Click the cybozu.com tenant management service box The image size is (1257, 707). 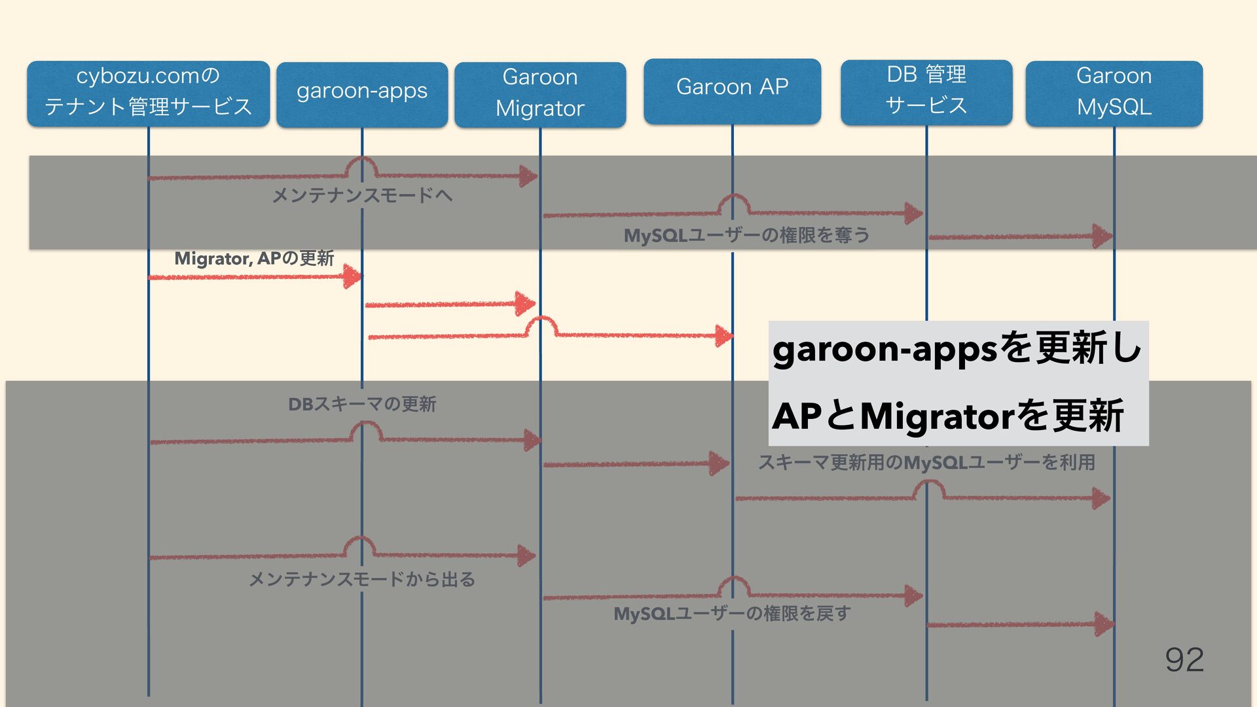pyautogui.click(x=148, y=92)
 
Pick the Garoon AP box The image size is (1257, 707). pyautogui.click(x=732, y=90)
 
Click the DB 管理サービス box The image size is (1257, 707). pyautogui.click(x=926, y=92)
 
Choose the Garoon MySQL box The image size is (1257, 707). pyautogui.click(x=1114, y=93)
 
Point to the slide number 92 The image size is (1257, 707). pyautogui.click(x=1184, y=659)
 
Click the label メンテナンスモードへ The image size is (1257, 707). pyautogui.click(x=362, y=195)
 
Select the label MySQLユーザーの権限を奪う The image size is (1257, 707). pyautogui.click(x=746, y=235)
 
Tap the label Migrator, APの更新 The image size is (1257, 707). pyautogui.click(x=254, y=259)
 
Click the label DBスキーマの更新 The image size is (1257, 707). pyautogui.click(x=362, y=404)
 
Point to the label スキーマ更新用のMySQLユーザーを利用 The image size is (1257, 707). pyautogui.click(x=926, y=463)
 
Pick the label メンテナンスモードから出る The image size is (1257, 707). pyautogui.click(x=362, y=579)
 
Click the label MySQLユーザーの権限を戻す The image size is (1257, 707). pyautogui.click(x=732, y=613)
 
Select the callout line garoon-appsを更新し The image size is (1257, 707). pyautogui.click(x=956, y=349)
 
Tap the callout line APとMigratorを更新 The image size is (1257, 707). pyautogui.click(x=947, y=416)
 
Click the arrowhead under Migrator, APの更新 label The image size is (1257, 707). pyautogui.click(x=352, y=276)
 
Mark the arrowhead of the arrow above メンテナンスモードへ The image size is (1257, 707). pyautogui.click(x=528, y=175)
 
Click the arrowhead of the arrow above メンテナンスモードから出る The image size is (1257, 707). pyautogui.click(x=526, y=556)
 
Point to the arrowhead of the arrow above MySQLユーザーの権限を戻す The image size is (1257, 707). pyautogui.click(x=913, y=596)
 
